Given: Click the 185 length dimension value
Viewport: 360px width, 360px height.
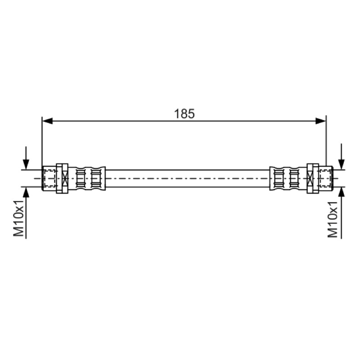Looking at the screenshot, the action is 184,114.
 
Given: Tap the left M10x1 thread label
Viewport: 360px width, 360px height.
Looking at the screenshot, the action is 18,218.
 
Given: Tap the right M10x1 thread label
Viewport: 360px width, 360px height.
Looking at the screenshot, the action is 333,219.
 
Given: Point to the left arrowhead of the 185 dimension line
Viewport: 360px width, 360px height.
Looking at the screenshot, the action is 48,121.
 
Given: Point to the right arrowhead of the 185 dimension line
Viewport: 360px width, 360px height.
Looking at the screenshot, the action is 320,121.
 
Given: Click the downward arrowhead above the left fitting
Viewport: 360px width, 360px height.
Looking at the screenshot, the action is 26,165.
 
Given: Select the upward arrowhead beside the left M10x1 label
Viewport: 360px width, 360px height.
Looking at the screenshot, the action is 26,192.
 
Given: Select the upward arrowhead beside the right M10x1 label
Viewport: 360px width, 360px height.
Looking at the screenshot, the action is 342,192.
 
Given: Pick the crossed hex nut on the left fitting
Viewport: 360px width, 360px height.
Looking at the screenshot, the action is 62,178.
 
